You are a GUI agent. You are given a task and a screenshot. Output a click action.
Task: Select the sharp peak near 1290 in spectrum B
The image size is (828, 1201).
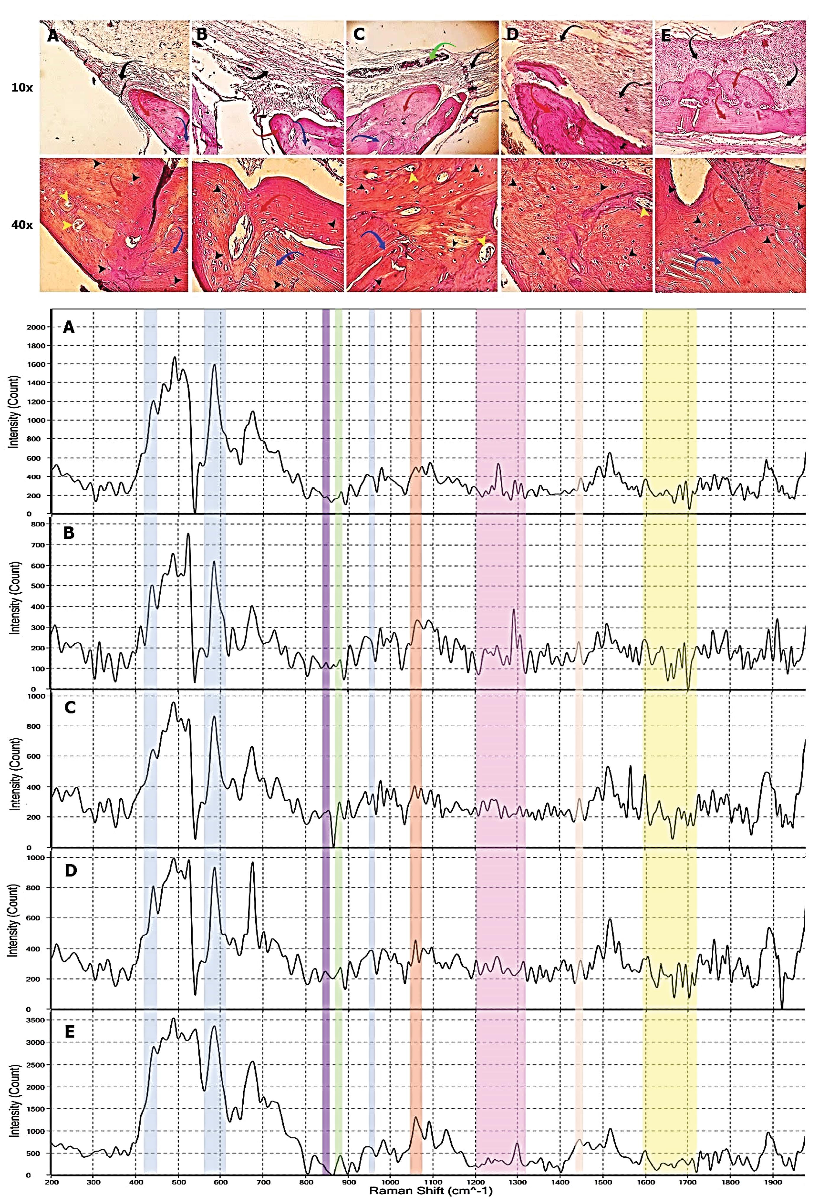514,610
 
